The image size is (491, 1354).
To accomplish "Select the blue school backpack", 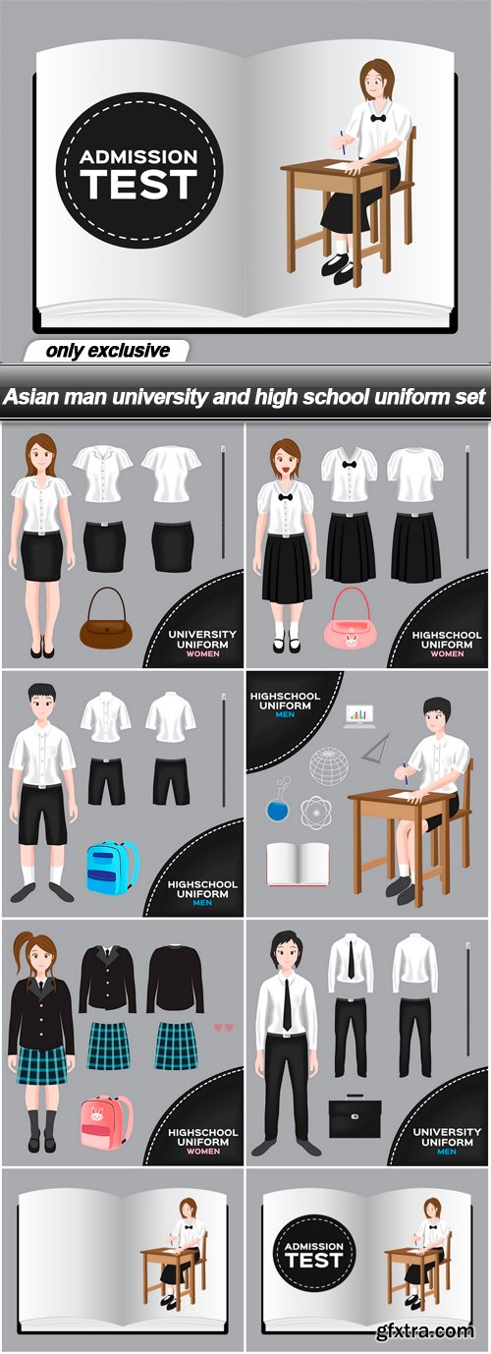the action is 112,867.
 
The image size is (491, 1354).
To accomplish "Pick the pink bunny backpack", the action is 106,1122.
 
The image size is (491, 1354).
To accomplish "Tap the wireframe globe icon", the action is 329,765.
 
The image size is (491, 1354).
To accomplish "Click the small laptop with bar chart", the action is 358,716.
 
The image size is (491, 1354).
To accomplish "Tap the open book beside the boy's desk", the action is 298,865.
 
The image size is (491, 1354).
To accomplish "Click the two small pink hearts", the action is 224,1027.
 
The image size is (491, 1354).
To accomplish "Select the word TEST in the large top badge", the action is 138,185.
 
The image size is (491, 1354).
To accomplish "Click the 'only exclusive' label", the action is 107,351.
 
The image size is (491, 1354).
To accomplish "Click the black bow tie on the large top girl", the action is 379,117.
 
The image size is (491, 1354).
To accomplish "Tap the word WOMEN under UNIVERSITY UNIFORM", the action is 203,654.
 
